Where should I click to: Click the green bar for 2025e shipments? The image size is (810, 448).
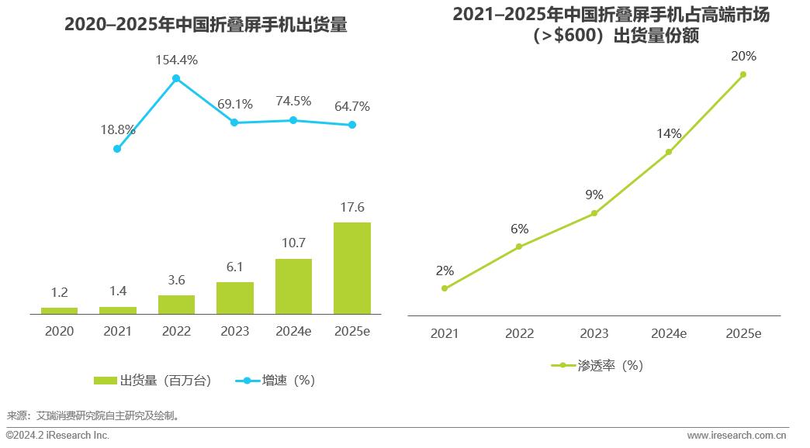[x=352, y=267]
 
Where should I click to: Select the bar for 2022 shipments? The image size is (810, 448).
[x=176, y=304]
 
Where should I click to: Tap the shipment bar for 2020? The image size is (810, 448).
[x=59, y=310]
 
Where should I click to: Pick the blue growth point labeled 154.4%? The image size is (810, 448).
[x=176, y=78]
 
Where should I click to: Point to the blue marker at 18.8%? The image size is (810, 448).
[x=117, y=149]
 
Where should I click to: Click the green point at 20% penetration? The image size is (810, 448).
[x=742, y=74]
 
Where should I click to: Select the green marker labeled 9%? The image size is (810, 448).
[x=594, y=213]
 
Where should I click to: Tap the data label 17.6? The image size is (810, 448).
[x=352, y=207]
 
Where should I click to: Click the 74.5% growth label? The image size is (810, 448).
[x=293, y=101]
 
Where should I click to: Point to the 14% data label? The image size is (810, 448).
[x=668, y=133]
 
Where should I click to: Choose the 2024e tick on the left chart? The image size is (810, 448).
[x=293, y=331]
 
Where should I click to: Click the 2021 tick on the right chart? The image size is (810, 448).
[x=445, y=333]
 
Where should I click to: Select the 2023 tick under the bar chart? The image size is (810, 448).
[x=234, y=331]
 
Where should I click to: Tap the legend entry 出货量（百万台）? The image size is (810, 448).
[x=152, y=381]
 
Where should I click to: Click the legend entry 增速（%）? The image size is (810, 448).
[x=278, y=381]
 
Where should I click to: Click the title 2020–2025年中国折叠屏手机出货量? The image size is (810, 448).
[x=206, y=25]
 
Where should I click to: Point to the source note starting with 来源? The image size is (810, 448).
[x=93, y=415]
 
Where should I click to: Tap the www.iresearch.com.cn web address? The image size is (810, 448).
[x=736, y=436]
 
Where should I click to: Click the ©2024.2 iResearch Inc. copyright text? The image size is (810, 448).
[x=58, y=436]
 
